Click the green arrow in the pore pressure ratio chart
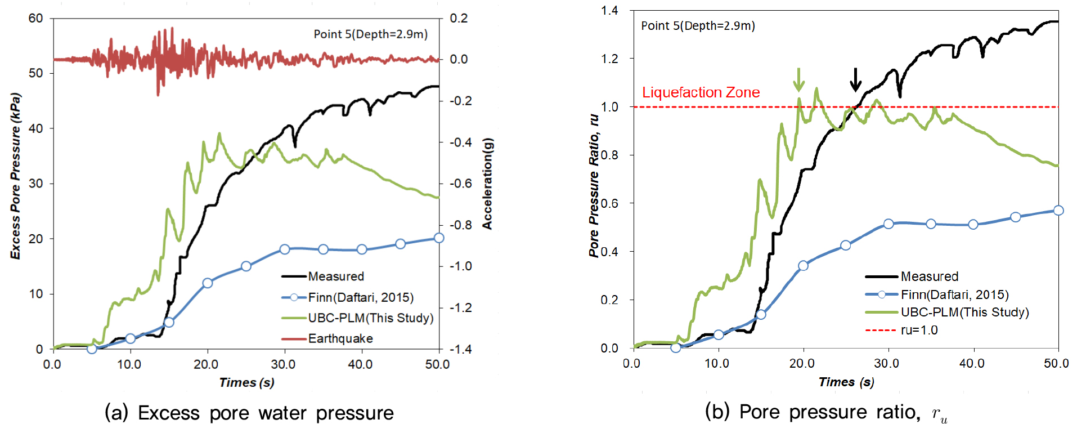click(x=798, y=79)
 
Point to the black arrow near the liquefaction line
click(x=855, y=79)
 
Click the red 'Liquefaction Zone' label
click(x=701, y=92)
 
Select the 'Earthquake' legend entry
click(x=340, y=338)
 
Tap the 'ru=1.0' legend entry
click(x=919, y=330)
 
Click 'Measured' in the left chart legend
click(x=336, y=276)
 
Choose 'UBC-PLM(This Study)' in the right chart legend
click(x=964, y=312)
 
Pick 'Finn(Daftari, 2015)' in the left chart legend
click(x=360, y=297)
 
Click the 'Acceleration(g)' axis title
click(x=487, y=184)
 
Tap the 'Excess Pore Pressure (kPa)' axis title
click(x=15, y=176)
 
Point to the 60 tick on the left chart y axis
click(x=35, y=19)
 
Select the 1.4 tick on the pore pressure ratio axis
click(x=609, y=10)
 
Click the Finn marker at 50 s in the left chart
click(x=439, y=238)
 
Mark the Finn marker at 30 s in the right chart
click(x=888, y=224)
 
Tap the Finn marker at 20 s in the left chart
click(x=207, y=283)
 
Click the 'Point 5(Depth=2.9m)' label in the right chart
click(x=698, y=26)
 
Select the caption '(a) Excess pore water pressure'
click(x=249, y=413)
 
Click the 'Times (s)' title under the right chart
click(x=846, y=382)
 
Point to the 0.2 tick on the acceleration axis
click(x=459, y=19)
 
